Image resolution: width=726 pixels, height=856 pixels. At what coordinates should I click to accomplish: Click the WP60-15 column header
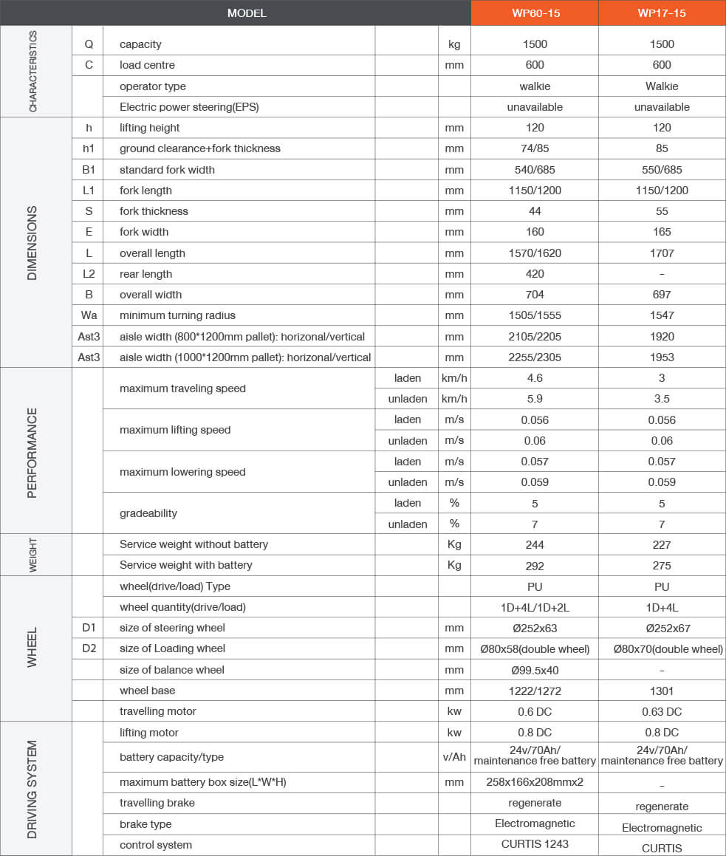coord(535,13)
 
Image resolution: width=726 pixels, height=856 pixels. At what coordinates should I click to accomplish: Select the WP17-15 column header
coord(662,13)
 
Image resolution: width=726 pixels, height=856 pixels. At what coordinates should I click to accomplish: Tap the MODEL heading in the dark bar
coord(247,13)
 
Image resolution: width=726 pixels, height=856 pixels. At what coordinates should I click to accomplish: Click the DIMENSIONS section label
coord(32,242)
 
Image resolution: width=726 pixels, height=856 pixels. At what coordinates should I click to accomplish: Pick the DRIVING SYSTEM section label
coord(32,789)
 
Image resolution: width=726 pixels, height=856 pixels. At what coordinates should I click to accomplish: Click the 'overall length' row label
coord(152,253)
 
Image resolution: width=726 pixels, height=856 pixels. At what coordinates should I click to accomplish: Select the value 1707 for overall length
coord(662,253)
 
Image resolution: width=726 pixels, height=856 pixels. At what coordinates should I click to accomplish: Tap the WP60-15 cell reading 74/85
coord(535,148)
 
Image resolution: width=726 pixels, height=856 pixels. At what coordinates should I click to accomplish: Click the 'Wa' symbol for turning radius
coord(89,315)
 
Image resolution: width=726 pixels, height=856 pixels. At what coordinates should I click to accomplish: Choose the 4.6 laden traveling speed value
coord(535,378)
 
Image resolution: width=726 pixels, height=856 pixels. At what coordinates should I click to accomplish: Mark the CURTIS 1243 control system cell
coord(535,844)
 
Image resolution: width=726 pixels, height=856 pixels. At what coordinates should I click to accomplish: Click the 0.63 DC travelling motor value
coord(662,712)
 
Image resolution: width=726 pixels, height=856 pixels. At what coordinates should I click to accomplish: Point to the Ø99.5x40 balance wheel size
coord(535,670)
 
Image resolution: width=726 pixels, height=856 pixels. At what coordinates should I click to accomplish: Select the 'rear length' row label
coord(145,274)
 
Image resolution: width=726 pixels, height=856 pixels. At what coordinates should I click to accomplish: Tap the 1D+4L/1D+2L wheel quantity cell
coord(535,607)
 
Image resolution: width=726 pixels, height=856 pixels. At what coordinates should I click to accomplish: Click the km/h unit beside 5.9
coord(454,399)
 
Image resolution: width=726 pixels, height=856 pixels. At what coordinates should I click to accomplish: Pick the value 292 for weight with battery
coord(535,566)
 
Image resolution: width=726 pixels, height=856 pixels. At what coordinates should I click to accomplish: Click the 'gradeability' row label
coord(148,513)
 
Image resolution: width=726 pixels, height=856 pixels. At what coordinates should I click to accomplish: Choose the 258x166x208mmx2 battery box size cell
coord(535,782)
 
